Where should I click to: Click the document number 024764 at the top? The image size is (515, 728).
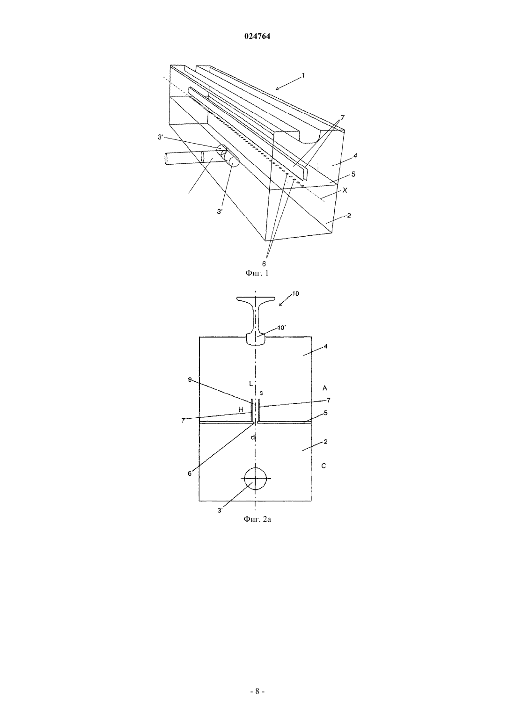coord(257,36)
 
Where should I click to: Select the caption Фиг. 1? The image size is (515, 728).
coord(257,273)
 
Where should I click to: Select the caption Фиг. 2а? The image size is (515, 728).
coord(257,519)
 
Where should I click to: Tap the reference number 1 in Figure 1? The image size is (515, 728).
coord(303,75)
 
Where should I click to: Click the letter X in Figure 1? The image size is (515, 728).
coord(345,190)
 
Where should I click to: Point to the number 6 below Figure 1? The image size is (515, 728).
coord(264,264)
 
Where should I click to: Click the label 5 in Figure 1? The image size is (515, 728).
coord(353,175)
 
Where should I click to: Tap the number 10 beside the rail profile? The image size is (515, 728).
coord(295,293)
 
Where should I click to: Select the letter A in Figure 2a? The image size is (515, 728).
coord(324,388)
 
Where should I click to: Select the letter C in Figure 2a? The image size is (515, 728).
coord(324,466)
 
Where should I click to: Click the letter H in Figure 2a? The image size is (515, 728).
coord(241,410)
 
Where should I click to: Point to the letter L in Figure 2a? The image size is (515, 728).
coord(251,384)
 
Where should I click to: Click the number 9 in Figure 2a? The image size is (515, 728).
coord(190,379)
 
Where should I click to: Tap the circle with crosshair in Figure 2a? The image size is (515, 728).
coord(256,479)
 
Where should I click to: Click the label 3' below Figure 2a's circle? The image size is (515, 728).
coord(220,510)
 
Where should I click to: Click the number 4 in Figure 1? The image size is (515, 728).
coord(355,156)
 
